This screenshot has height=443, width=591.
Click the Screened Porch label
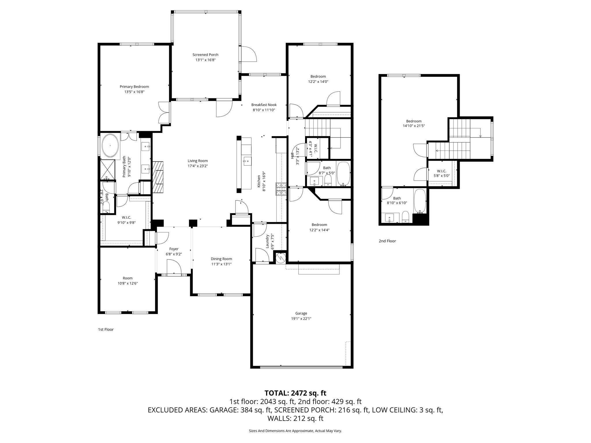[205, 55]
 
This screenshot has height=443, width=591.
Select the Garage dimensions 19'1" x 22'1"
[301, 319]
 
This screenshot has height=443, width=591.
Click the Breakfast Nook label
[264, 105]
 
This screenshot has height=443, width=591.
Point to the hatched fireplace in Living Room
[158, 177]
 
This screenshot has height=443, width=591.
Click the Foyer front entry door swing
[174, 266]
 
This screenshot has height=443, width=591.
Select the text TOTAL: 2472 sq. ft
[295, 393]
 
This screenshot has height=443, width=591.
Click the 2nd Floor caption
[387, 241]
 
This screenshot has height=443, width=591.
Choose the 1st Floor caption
[106, 329]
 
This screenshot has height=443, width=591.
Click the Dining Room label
[221, 259]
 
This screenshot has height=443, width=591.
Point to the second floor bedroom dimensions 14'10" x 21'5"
[414, 126]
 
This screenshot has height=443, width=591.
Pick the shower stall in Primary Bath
[108, 170]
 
